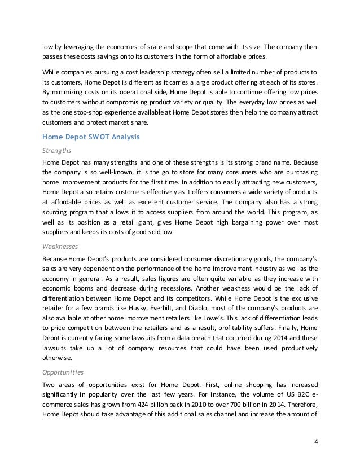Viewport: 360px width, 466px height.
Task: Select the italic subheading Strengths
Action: pos(56,150)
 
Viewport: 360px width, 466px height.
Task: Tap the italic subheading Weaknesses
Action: pos(61,246)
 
